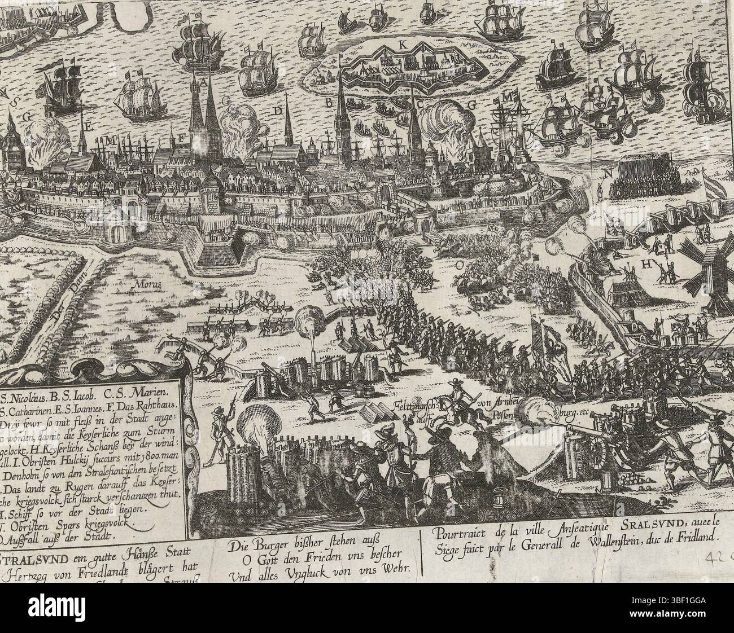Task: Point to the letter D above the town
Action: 277,111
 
